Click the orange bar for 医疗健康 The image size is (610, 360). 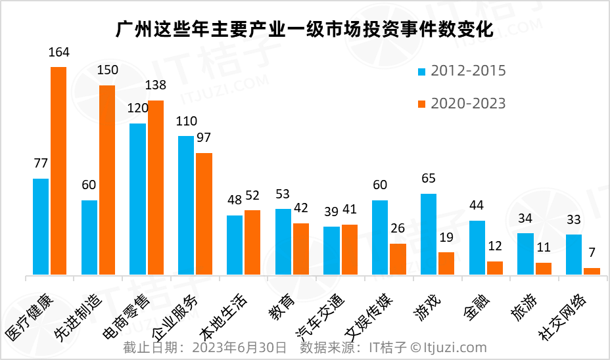tap(59, 171)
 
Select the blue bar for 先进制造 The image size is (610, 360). tap(89, 237)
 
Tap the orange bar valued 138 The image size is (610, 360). tap(156, 187)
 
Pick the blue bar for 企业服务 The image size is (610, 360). tap(186, 205)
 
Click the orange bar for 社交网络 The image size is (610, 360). tap(592, 271)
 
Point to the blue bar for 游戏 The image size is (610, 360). tap(429, 234)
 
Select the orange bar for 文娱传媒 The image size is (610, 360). tap(398, 259)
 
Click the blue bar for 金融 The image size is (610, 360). tap(477, 248)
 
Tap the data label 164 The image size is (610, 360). tap(59, 53)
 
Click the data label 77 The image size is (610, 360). tap(41, 164)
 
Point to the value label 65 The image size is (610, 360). tap(429, 179)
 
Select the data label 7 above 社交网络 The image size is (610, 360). tap(592, 253)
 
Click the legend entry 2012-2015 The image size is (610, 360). tap(468, 71)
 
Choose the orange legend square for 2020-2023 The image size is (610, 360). tap(423, 104)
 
